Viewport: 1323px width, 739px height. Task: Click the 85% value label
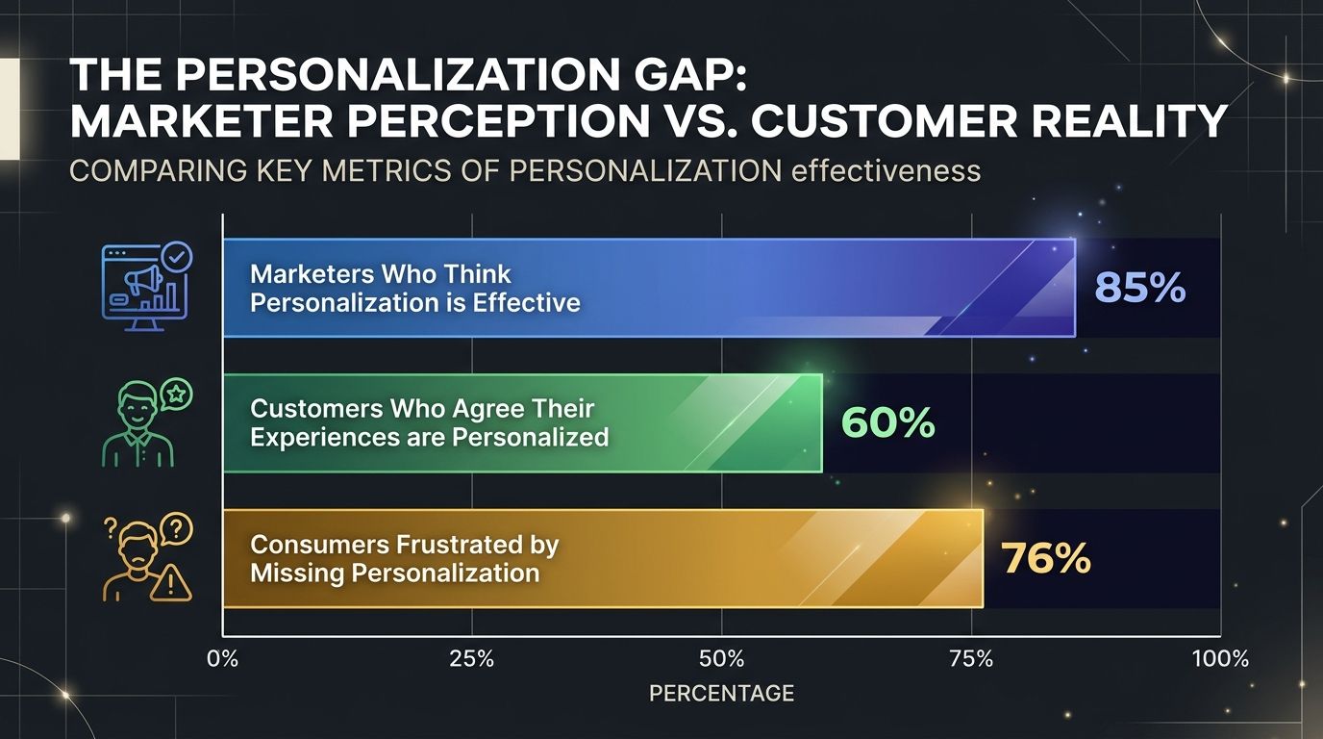coord(1139,288)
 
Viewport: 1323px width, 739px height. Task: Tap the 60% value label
coord(887,422)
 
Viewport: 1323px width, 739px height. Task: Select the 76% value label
coord(1045,558)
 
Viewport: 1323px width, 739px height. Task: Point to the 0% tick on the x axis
coord(223,659)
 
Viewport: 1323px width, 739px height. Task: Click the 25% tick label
coord(472,659)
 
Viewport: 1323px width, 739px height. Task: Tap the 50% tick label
coord(722,659)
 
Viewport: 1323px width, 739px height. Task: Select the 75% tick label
coord(971,659)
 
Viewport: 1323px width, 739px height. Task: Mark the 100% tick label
coord(1219,659)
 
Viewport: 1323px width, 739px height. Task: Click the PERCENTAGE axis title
coord(721,693)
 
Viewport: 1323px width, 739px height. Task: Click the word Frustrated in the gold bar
coord(461,545)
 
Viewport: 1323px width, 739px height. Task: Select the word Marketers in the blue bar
coord(312,273)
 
